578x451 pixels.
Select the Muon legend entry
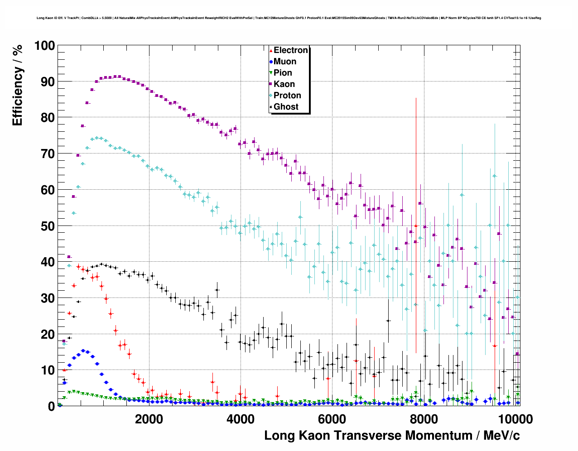[285, 62]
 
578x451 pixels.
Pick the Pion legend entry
[283, 73]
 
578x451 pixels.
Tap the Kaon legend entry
[284, 84]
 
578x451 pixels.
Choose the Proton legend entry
[287, 96]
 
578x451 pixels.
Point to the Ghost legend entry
[286, 107]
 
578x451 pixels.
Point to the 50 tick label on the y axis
[48, 226]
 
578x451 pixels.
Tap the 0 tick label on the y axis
[52, 407]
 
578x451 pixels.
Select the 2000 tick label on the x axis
[149, 419]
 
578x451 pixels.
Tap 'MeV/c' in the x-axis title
[501, 436]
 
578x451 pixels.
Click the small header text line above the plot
[289, 18]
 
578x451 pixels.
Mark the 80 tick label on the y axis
[48, 118]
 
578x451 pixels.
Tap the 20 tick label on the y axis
[48, 334]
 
